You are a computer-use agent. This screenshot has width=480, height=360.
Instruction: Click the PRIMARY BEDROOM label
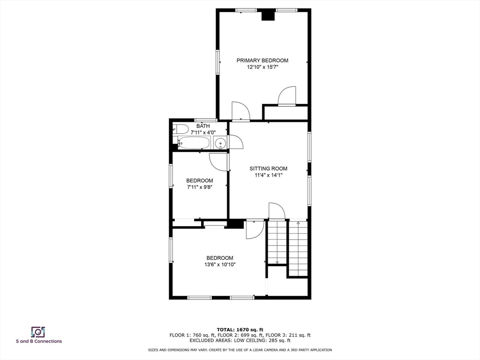(262, 60)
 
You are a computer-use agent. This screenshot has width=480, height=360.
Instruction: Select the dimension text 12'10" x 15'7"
(262, 67)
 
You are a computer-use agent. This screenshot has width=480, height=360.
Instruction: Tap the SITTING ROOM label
(268, 169)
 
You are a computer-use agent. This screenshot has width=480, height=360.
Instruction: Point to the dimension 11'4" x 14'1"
(268, 175)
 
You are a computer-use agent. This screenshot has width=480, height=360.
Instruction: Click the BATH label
(203, 126)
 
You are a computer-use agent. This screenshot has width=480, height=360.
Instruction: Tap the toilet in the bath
(181, 129)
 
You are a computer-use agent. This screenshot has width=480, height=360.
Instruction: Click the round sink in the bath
(220, 143)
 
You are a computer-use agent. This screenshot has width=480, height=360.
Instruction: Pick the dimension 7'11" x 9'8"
(200, 187)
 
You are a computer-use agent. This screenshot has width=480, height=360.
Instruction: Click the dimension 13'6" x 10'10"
(220, 265)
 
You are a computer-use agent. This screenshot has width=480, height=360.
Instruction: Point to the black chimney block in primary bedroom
(268, 16)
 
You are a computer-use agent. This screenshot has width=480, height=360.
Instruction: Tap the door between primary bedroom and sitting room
(241, 112)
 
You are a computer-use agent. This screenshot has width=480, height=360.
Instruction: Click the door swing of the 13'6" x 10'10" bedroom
(255, 230)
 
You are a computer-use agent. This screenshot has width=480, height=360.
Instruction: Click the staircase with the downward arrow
(277, 242)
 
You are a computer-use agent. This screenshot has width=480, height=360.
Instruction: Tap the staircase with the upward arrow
(298, 248)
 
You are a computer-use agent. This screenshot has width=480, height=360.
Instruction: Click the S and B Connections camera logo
(38, 332)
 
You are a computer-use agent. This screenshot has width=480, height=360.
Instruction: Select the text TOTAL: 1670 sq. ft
(240, 330)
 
